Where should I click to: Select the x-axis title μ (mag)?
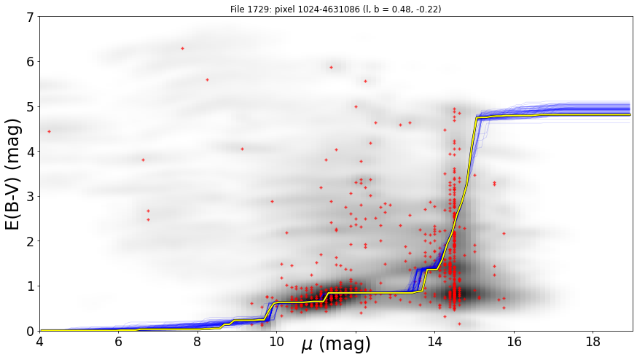click(336, 344)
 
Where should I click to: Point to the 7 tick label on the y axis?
click(31, 17)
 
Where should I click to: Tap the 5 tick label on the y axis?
click(31, 107)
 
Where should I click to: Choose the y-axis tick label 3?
click(31, 197)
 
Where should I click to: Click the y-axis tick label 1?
click(31, 286)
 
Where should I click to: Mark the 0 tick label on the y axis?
click(31, 331)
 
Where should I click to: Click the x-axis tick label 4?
click(39, 341)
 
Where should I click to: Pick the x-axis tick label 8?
click(198, 341)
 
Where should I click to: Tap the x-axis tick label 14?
click(434, 341)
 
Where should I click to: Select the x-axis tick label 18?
click(593, 341)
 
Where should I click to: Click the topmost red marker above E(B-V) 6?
click(182, 48)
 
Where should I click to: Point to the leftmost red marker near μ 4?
click(49, 132)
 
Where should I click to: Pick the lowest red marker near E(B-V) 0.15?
click(459, 324)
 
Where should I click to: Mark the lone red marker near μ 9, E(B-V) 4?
click(242, 149)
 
